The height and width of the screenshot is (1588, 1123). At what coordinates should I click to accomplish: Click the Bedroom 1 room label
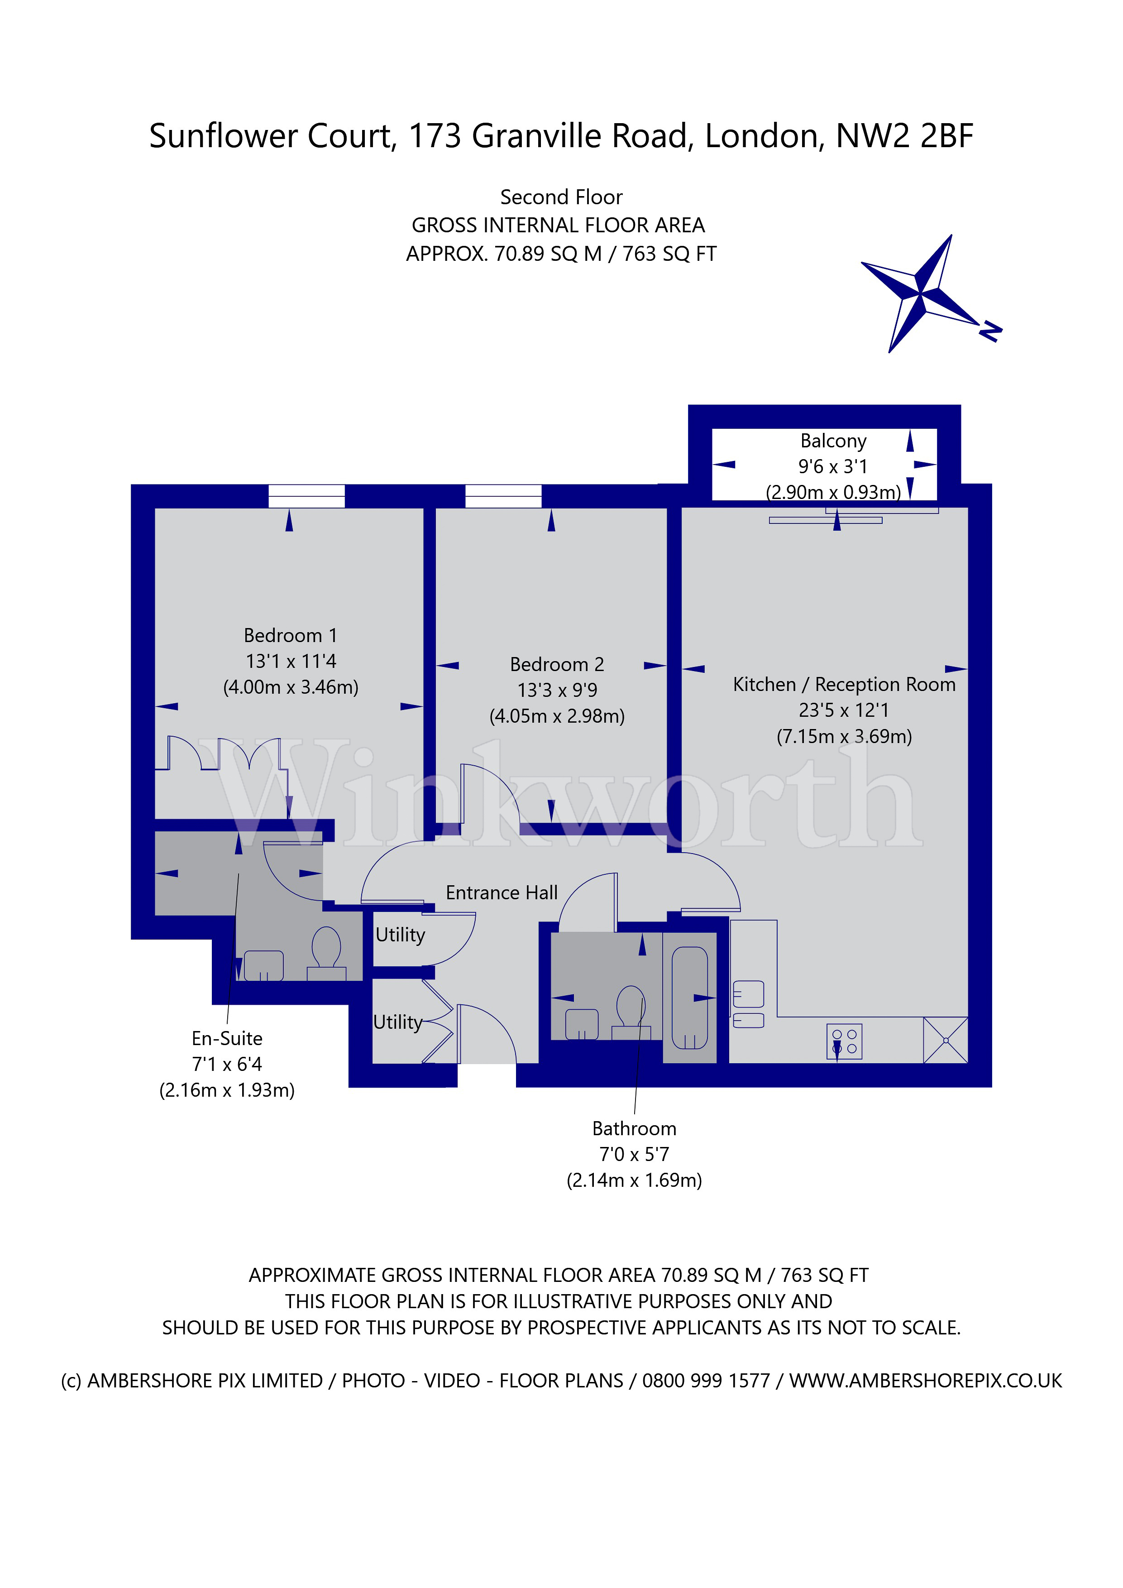(x=291, y=635)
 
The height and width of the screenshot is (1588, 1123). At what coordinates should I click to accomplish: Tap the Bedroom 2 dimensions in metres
(x=557, y=716)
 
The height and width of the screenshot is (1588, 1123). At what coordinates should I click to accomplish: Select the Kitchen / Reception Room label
(x=844, y=684)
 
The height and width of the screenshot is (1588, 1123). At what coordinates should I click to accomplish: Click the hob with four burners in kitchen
(x=844, y=1041)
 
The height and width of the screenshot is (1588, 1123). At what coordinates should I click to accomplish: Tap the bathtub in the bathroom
(x=689, y=998)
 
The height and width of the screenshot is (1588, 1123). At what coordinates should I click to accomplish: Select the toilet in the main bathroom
(x=631, y=1010)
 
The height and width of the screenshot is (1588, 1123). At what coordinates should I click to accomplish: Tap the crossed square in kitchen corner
(x=945, y=1040)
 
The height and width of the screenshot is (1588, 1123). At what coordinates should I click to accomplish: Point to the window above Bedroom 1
(x=306, y=496)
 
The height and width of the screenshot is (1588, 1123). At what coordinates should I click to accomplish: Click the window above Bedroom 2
(x=503, y=496)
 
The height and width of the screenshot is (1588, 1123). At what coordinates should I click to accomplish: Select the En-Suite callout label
(x=227, y=1038)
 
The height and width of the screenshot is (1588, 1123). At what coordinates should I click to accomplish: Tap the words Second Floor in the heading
(x=561, y=197)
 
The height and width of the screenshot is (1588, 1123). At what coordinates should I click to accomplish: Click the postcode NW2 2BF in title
(x=904, y=135)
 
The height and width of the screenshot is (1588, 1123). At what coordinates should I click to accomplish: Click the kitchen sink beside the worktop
(x=748, y=994)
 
